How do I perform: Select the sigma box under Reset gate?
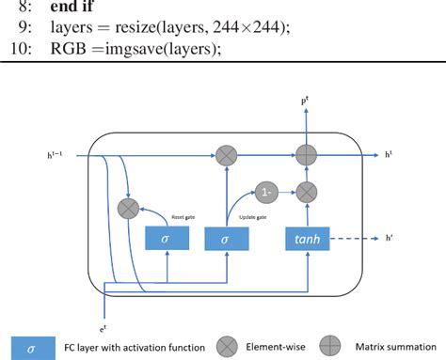point(167,240)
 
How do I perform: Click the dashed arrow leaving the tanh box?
point(356,240)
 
